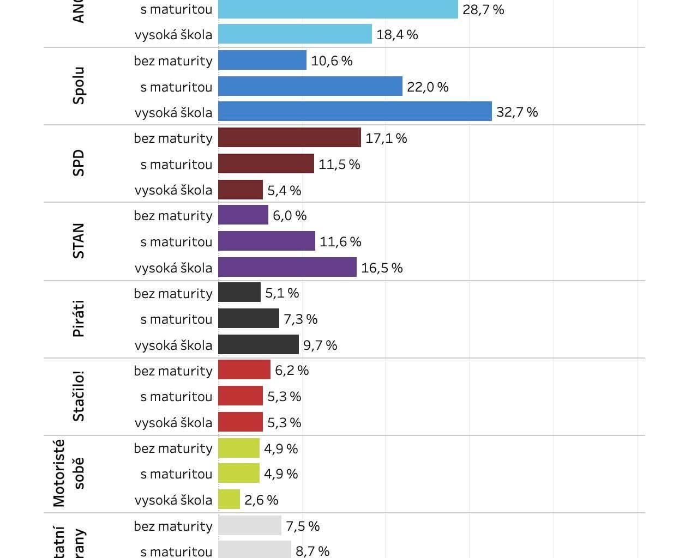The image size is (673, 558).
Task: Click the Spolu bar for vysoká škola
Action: pos(354,112)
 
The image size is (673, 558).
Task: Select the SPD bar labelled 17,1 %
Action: pos(289,138)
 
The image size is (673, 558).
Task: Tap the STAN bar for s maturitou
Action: pos(266,241)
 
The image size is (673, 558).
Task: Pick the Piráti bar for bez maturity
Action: pos(239,293)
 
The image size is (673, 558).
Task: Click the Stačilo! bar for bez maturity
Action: pos(244,371)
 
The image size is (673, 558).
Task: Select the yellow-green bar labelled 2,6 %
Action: pos(229,500)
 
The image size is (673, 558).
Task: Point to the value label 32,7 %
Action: pos(516,112)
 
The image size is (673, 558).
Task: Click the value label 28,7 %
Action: pos(483,10)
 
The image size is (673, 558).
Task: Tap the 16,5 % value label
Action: pos(381,268)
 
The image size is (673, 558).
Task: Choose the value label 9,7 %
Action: pos(320,345)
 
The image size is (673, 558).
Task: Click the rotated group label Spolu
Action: pos(79,86)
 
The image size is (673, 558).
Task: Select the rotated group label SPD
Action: pos(79,163)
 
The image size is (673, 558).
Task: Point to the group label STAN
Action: pos(79,241)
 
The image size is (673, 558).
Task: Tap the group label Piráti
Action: pos(79,319)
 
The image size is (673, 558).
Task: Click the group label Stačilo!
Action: pos(79,396)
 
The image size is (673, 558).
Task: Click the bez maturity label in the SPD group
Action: pos(173,138)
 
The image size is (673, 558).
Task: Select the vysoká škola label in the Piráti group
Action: pos(173,345)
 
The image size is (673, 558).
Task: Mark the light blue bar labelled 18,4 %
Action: pos(295,34)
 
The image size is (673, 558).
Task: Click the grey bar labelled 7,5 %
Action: pos(249,526)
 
